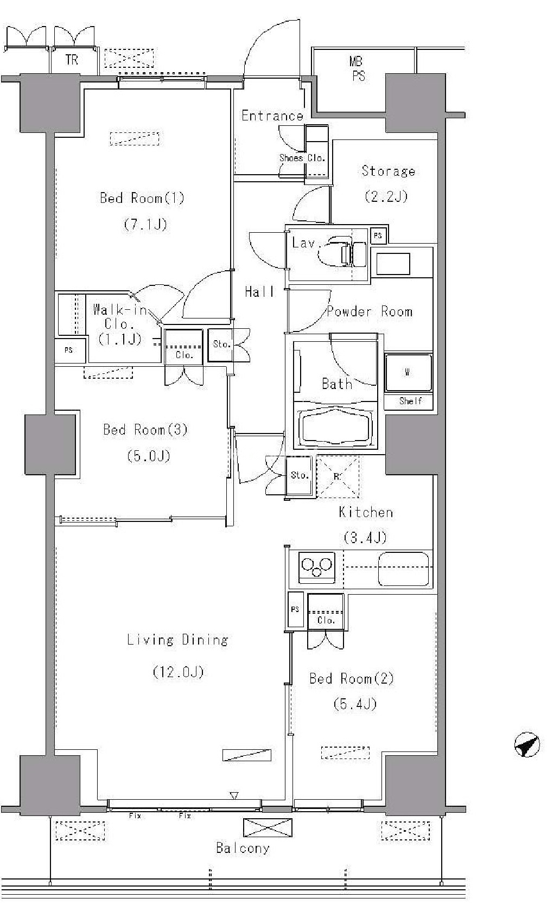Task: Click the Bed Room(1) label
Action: pos(142,198)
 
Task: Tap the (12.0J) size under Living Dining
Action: pos(178,672)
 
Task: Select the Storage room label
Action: pos(388,171)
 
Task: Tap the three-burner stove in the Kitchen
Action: pos(317,567)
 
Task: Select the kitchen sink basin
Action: pos(404,569)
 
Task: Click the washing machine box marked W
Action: pos(408,373)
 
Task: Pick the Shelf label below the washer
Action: pos(410,401)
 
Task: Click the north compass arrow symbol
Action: pos(527,745)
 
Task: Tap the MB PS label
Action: pos(357,69)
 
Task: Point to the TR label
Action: pos(72,60)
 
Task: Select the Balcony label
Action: pos(243,848)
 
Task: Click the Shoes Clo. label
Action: pos(302,158)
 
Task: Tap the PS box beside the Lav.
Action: pos(378,235)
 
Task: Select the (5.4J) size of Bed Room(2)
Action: pos(355,704)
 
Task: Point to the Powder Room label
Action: pos(370,311)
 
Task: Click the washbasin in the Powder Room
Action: pos(393,264)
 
